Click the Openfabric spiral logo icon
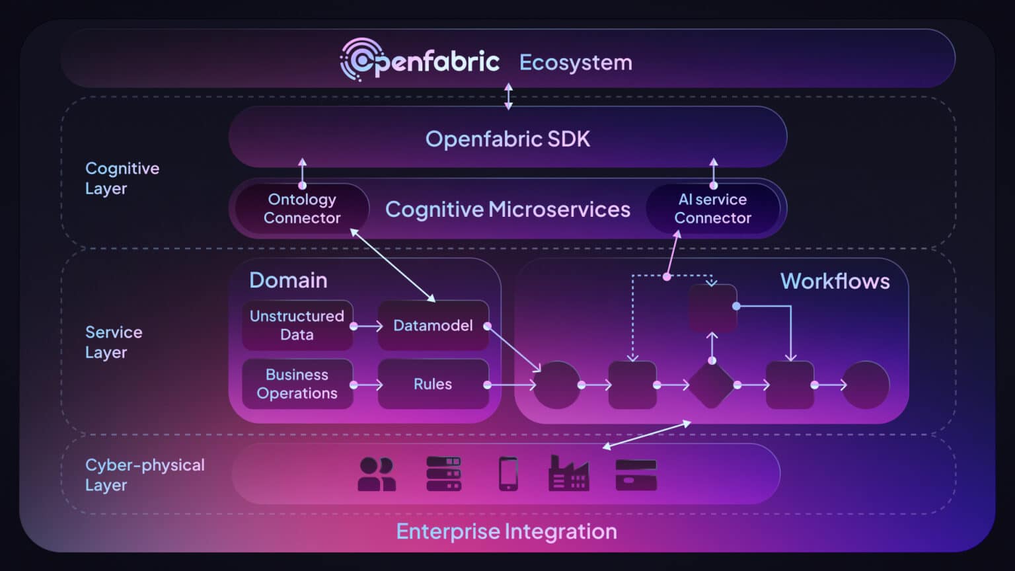[361, 60]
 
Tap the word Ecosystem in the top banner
[576, 63]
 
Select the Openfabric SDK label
[507, 139]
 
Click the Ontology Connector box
[302, 209]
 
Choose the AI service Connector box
[712, 209]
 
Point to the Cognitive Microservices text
[507, 209]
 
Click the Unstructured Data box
[297, 325]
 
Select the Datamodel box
[433, 325]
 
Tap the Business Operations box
[297, 384]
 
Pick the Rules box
[433, 384]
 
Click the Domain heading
[288, 280]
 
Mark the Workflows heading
[835, 281]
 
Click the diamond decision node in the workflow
[712, 385]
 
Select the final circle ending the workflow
[866, 385]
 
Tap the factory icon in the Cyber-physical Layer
[568, 473]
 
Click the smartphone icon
[508, 474]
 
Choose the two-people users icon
[377, 474]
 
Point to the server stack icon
[443, 474]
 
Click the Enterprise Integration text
[506, 531]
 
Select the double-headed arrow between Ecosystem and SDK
[508, 96]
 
